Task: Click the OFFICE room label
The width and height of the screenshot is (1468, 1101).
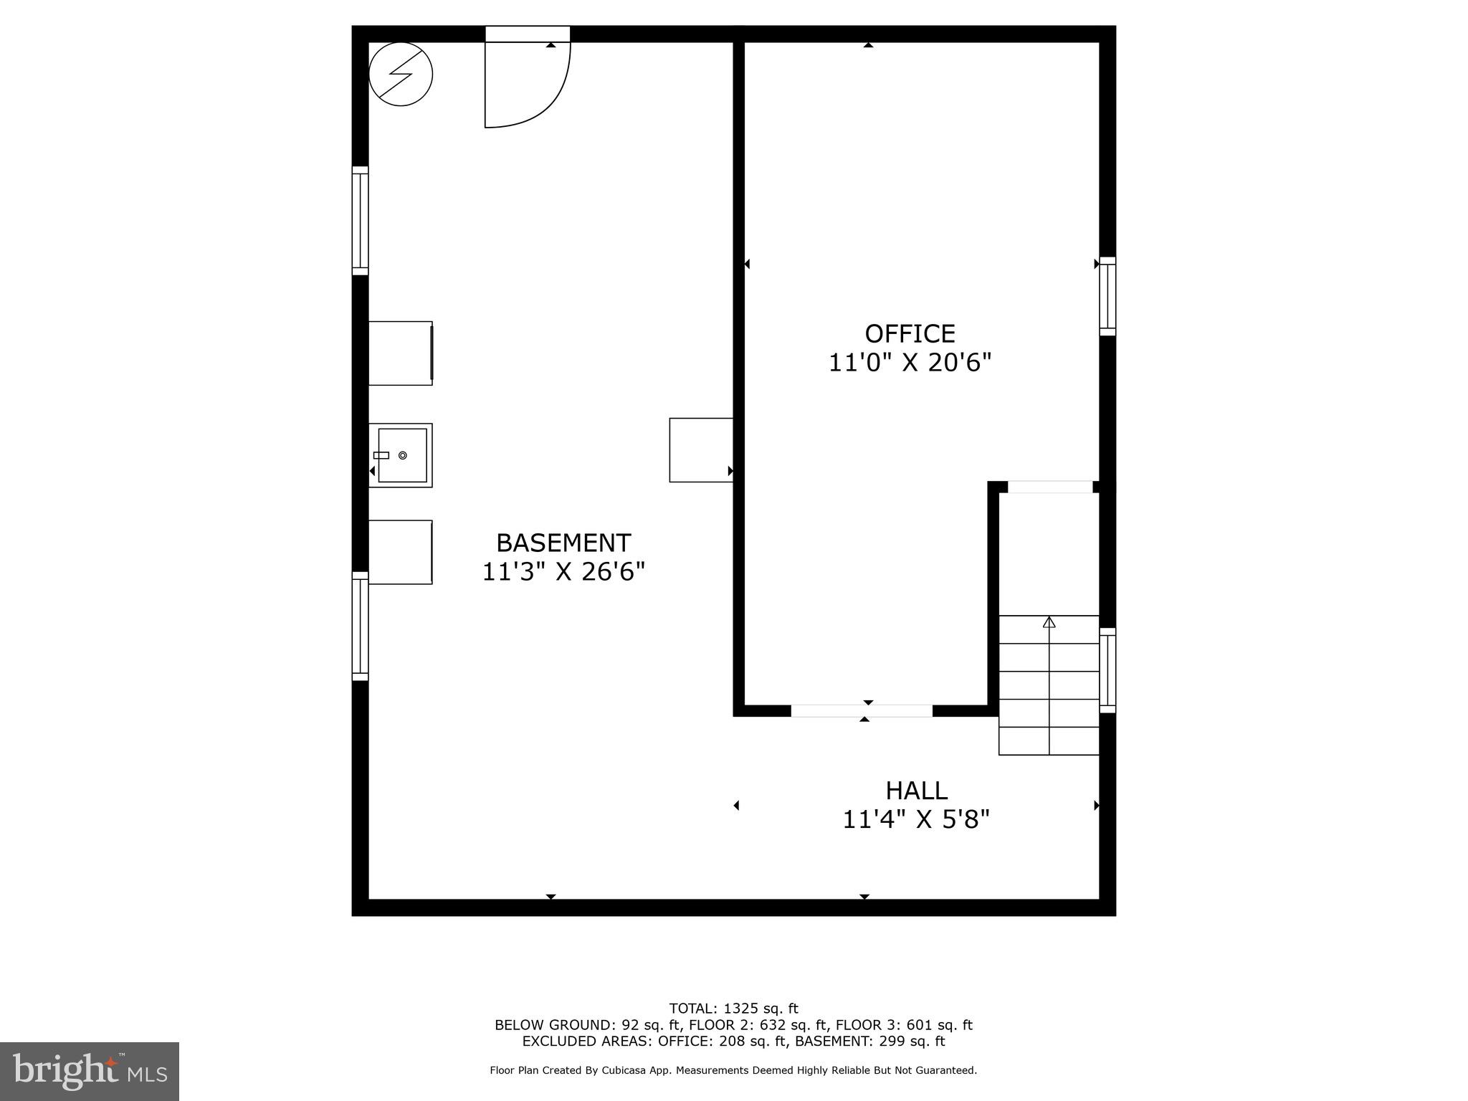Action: pyautogui.click(x=910, y=334)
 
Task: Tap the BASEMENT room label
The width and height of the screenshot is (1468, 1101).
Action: pyautogui.click(x=563, y=543)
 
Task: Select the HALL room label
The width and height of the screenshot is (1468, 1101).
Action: pyautogui.click(x=916, y=791)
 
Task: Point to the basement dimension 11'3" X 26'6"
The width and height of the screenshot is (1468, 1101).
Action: pyautogui.click(x=563, y=572)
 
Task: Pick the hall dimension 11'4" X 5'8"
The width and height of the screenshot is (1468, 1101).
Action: pyautogui.click(x=916, y=819)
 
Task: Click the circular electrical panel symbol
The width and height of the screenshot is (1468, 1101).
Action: pyautogui.click(x=401, y=74)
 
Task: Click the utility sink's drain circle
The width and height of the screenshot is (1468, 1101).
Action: pyautogui.click(x=403, y=455)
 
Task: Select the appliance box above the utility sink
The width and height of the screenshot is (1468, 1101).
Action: pyautogui.click(x=400, y=353)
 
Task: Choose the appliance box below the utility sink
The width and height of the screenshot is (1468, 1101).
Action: pyautogui.click(x=400, y=552)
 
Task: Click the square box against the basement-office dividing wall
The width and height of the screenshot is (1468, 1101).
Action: pyautogui.click(x=701, y=450)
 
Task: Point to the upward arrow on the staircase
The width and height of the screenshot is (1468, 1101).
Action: pyautogui.click(x=1049, y=622)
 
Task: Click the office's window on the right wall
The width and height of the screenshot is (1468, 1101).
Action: pyautogui.click(x=1107, y=296)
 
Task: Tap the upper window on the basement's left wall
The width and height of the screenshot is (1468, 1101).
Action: pyautogui.click(x=360, y=221)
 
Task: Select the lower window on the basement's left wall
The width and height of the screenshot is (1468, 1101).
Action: pyautogui.click(x=360, y=626)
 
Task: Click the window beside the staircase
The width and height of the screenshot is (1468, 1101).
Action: pyautogui.click(x=1107, y=670)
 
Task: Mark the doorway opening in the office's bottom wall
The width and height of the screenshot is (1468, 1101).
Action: pyautogui.click(x=862, y=710)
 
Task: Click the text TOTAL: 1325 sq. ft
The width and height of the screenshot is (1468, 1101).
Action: pyautogui.click(x=733, y=1009)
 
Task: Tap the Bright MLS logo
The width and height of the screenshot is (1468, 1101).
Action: pyautogui.click(x=90, y=1071)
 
